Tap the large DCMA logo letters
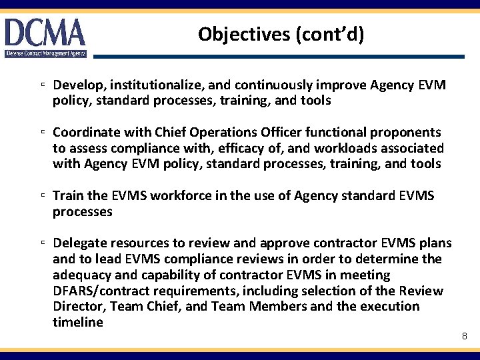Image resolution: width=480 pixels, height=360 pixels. click(x=45, y=33)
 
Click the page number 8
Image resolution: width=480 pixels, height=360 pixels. click(x=464, y=336)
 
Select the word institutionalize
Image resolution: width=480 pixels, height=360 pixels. click(x=159, y=85)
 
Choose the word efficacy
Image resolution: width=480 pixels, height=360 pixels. click(x=239, y=148)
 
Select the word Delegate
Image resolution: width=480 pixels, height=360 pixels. click(x=78, y=243)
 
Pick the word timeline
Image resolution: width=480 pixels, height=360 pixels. click(x=78, y=323)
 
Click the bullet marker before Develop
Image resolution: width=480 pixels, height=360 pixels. click(x=42, y=86)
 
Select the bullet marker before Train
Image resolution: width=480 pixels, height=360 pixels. click(x=42, y=196)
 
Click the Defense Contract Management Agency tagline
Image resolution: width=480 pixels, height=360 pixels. click(x=45, y=53)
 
